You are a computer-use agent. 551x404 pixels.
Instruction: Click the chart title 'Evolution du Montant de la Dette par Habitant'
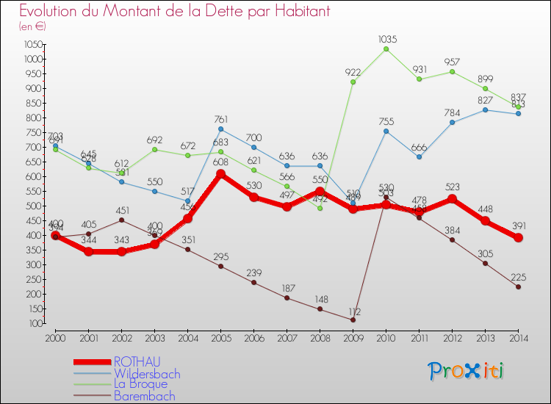[174, 11]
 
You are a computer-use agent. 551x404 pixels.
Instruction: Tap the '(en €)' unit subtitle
[33, 26]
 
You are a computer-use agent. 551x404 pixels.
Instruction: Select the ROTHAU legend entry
[135, 361]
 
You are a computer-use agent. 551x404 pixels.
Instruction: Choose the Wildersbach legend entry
[146, 373]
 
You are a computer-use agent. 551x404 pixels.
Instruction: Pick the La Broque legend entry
[140, 383]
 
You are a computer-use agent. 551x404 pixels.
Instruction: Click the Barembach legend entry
[144, 395]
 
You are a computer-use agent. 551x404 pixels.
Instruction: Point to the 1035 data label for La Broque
[386, 39]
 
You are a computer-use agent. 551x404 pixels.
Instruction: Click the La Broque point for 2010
[386, 49]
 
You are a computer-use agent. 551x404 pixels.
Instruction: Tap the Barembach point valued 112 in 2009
[353, 320]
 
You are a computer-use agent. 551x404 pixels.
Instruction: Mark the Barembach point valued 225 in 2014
[518, 286]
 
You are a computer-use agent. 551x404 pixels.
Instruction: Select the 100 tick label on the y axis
[35, 323]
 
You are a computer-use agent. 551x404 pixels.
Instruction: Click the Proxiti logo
[466, 371]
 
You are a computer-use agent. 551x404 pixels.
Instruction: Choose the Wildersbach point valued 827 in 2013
[485, 110]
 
